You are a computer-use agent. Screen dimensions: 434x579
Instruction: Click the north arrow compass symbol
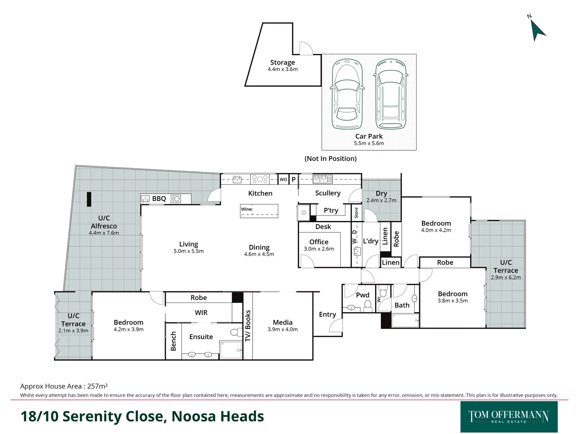(537, 30)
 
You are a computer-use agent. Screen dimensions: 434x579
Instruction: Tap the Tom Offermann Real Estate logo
(509, 417)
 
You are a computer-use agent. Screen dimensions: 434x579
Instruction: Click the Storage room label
(282, 63)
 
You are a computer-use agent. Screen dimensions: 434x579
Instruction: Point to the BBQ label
(159, 199)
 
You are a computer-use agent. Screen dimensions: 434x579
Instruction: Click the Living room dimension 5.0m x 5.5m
(189, 251)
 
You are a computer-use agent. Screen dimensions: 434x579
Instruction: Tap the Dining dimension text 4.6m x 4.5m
(259, 254)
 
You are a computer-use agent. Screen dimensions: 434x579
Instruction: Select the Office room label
(319, 242)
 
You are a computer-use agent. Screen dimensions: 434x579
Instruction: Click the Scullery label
(328, 193)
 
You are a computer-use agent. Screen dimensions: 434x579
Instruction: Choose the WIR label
(201, 313)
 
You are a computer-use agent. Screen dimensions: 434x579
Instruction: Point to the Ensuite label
(201, 337)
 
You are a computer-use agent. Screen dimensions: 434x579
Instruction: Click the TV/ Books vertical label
(248, 325)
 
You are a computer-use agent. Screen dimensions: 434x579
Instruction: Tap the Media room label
(283, 322)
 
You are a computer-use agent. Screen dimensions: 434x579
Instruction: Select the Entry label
(327, 315)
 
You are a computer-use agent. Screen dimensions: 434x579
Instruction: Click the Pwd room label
(362, 295)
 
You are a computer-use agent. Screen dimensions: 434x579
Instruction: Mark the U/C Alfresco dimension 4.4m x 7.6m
(104, 233)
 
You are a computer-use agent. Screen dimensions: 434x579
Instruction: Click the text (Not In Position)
(331, 159)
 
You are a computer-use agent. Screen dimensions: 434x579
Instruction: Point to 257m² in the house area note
(97, 386)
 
